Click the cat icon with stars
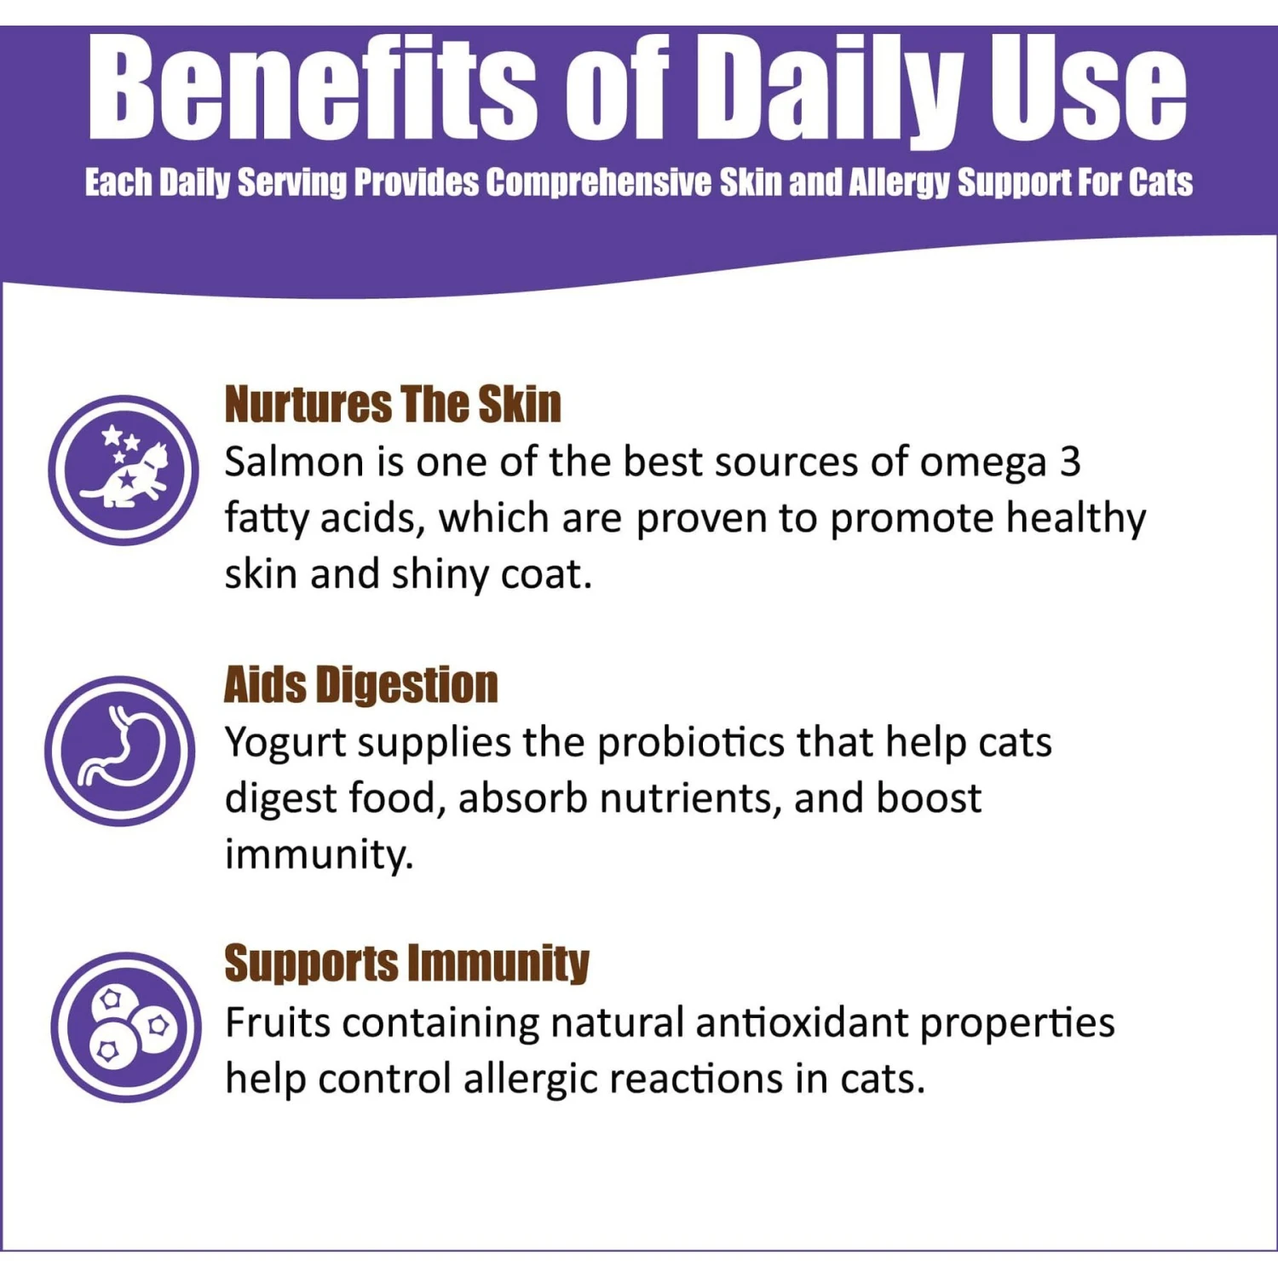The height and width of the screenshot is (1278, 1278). (124, 470)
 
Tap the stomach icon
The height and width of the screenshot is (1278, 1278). (120, 751)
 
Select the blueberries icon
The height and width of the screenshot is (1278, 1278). (126, 1027)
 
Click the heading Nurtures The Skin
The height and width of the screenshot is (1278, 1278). (393, 404)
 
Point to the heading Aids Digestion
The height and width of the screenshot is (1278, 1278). (360, 685)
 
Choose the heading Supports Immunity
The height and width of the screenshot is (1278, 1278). (406, 964)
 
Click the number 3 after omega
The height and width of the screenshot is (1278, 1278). (1070, 462)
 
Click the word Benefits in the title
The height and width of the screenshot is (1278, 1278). (313, 89)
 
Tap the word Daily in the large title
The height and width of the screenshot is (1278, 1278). (831, 89)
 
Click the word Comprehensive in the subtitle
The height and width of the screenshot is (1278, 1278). (598, 182)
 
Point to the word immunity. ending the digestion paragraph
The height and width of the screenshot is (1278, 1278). (319, 855)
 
